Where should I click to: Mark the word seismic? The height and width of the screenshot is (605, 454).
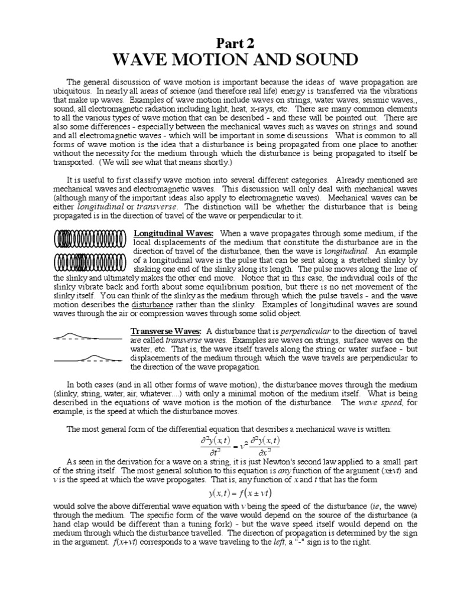(337, 100)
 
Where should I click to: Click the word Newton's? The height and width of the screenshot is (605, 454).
(254, 462)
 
